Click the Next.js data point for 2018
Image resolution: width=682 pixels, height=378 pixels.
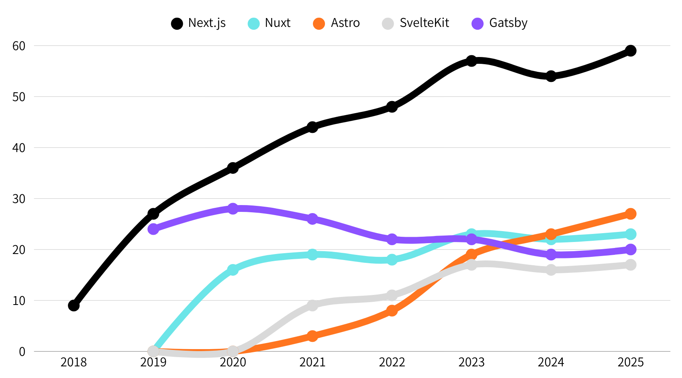[74, 305]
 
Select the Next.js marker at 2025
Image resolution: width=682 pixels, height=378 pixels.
[631, 51]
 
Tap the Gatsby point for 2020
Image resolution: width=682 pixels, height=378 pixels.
[233, 209]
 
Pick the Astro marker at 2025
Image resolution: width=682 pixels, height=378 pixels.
[631, 213]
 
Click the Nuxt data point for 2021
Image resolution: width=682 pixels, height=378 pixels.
[312, 254]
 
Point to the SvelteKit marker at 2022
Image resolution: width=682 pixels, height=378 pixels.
[392, 295]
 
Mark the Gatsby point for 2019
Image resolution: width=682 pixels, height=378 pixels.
[153, 229]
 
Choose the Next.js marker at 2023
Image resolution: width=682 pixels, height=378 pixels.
[472, 61]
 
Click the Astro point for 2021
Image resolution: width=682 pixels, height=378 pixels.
[312, 336]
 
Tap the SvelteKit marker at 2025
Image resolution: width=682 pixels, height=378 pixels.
[631, 265]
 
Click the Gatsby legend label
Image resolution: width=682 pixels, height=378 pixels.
[508, 23]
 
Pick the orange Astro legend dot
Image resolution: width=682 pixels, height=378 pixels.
[319, 24]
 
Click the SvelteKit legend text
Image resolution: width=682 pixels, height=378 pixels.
[424, 23]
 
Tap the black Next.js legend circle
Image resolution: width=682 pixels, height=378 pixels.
[177, 24]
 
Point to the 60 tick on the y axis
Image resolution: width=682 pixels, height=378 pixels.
[19, 46]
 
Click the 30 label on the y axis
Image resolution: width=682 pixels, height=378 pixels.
[19, 199]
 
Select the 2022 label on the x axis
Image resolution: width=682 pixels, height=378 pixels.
[392, 362]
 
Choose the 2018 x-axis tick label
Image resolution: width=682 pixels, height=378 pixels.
[74, 362]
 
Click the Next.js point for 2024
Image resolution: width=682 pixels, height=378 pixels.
[551, 76]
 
